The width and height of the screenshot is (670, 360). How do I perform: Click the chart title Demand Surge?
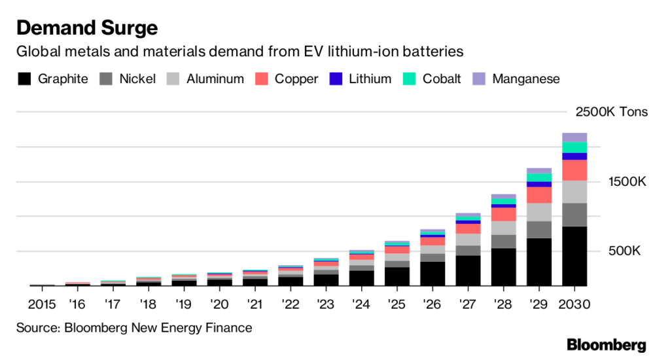(86, 28)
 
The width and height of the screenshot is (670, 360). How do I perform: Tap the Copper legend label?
(296, 79)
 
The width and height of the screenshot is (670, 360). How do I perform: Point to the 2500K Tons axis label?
(611, 112)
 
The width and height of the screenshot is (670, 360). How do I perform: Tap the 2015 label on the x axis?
(42, 304)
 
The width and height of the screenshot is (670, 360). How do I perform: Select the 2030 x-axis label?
(574, 304)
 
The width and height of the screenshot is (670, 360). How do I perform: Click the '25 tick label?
(397, 304)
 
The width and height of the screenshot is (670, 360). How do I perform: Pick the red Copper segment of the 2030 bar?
(574, 170)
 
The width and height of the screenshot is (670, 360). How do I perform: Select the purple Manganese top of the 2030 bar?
(574, 137)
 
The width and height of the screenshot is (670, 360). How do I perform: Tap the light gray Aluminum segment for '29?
(539, 212)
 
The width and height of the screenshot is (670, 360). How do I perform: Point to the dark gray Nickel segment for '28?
(504, 242)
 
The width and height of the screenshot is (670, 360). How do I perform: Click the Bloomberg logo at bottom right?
(606, 345)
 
